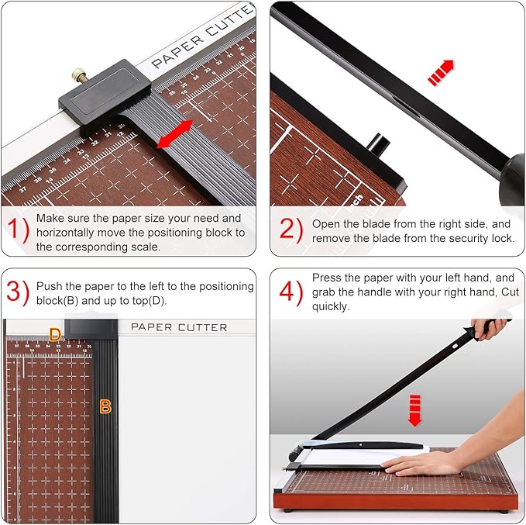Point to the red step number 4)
click(x=291, y=292)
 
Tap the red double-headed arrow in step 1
click(x=174, y=134)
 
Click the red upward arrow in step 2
click(x=442, y=73)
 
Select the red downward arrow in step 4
click(x=415, y=409)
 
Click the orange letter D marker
click(x=55, y=335)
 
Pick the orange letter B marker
click(x=105, y=406)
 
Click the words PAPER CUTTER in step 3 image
click(x=179, y=327)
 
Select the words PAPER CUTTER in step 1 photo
click(x=203, y=39)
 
